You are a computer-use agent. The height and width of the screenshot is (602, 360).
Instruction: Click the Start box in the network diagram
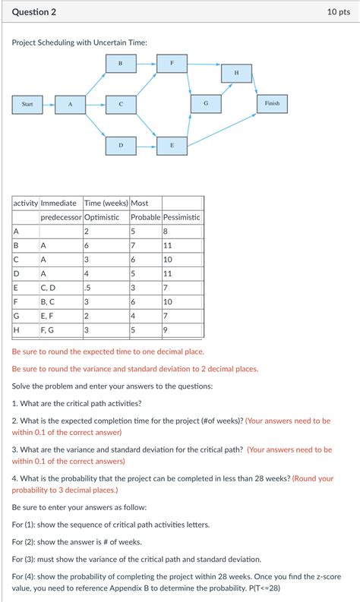click(27, 105)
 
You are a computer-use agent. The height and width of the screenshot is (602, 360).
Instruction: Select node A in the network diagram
click(71, 105)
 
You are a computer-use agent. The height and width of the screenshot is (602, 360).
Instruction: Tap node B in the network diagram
click(121, 63)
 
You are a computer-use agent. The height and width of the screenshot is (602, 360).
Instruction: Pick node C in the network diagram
click(121, 105)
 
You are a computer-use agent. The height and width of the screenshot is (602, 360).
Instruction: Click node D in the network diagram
click(121, 146)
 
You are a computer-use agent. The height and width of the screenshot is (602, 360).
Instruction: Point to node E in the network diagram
click(172, 146)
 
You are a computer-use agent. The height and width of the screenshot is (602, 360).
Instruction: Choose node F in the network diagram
click(172, 63)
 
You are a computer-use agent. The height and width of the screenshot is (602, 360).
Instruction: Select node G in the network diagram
click(206, 104)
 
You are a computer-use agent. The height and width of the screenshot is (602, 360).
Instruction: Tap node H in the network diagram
click(237, 74)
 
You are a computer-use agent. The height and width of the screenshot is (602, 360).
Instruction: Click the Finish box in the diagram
click(272, 104)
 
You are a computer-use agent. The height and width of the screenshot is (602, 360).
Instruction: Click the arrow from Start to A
click(49, 105)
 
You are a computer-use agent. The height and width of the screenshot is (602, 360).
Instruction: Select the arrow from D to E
click(147, 146)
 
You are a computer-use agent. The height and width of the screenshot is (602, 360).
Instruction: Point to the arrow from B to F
click(147, 63)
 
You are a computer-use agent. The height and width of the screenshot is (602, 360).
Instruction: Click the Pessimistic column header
click(182, 217)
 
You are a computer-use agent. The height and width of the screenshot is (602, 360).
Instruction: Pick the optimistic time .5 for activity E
click(87, 288)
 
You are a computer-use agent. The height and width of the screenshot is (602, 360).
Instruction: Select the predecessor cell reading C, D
click(48, 288)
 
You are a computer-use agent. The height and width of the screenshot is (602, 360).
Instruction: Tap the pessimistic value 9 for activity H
click(166, 330)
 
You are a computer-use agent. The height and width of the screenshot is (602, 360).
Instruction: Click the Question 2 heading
click(34, 12)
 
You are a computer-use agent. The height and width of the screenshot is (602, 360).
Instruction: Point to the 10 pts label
click(339, 12)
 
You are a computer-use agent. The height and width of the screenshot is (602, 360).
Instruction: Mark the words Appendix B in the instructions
click(128, 588)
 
